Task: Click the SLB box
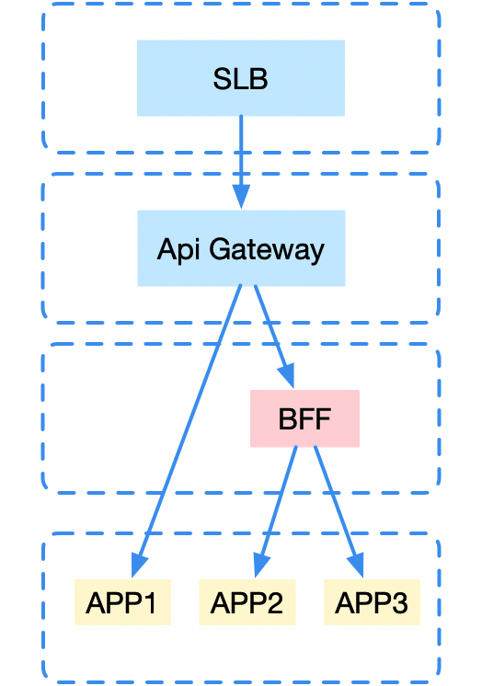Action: point(241,78)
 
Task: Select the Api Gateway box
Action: point(242,248)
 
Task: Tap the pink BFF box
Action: point(304,418)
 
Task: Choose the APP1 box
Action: point(122,602)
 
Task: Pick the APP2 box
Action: point(247,602)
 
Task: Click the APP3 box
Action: point(372,602)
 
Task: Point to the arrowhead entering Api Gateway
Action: point(241,197)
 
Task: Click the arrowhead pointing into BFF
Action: point(287,376)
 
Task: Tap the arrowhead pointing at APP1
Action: point(139,566)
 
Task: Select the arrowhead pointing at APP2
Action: point(261,566)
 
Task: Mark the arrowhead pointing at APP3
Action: point(356,566)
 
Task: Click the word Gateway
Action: point(267,250)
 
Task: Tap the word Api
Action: point(178,250)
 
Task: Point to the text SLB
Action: point(241,79)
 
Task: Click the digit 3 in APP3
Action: point(399,603)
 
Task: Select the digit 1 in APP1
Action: point(149,603)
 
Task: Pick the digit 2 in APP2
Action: point(274,603)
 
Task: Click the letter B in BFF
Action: point(287,418)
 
